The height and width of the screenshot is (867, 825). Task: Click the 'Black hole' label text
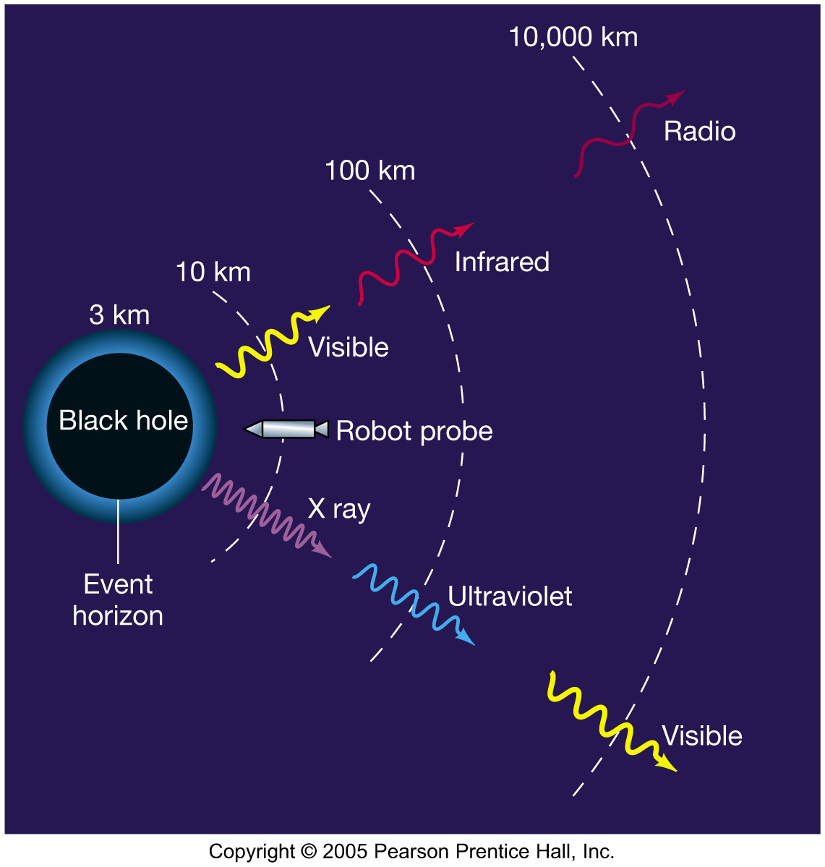(x=123, y=420)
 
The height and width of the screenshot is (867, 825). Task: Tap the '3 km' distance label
(x=119, y=315)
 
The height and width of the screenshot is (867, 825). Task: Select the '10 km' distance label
(x=213, y=273)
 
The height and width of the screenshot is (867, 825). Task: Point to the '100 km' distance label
(x=369, y=171)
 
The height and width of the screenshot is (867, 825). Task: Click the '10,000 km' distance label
(x=573, y=38)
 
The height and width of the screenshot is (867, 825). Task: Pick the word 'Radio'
(x=699, y=132)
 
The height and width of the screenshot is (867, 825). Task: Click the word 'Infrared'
(x=502, y=262)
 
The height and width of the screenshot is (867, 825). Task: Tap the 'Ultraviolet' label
(x=510, y=597)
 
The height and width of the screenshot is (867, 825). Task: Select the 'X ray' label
(x=338, y=509)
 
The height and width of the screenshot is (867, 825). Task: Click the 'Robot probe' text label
(x=414, y=431)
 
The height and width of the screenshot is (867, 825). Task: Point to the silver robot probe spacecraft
(x=286, y=429)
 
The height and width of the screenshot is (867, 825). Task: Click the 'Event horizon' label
(x=118, y=600)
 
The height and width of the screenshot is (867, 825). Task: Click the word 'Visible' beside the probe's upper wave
(x=349, y=348)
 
